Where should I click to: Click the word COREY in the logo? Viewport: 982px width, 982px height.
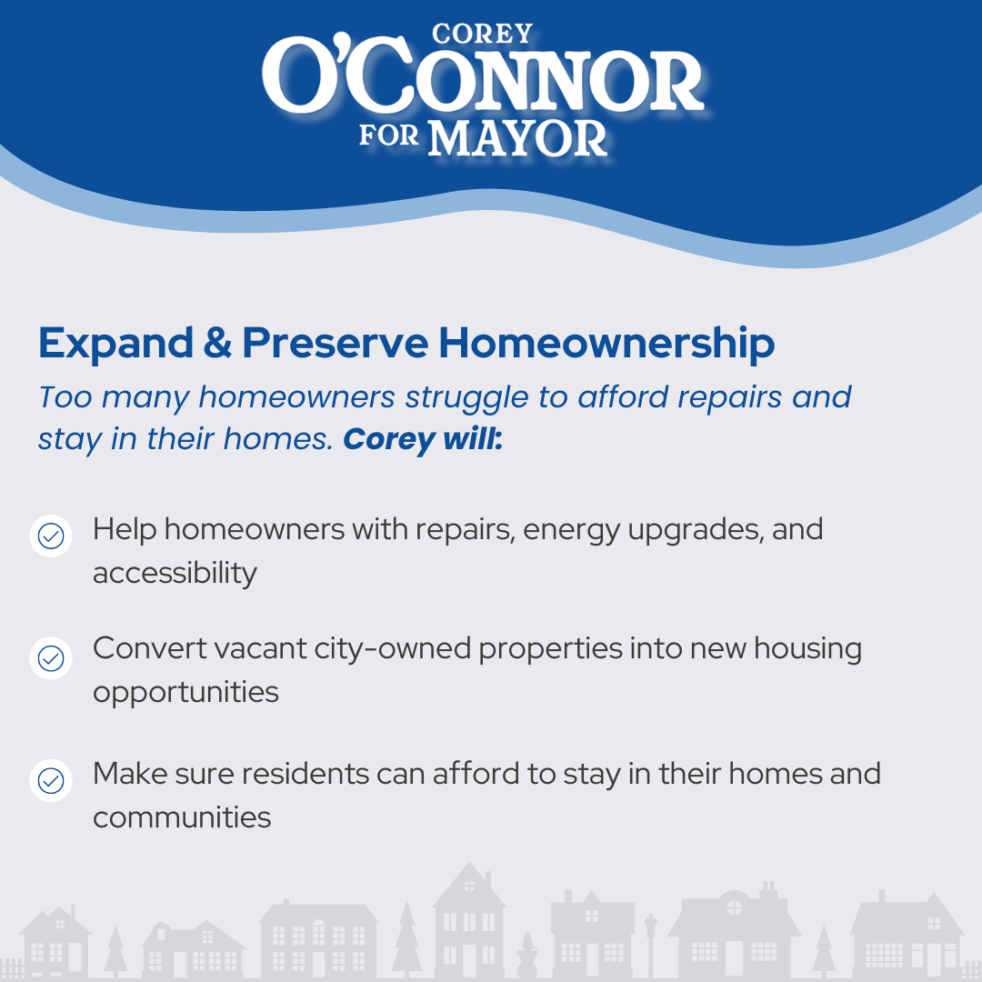(482, 34)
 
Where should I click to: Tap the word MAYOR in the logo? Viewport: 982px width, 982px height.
(518, 138)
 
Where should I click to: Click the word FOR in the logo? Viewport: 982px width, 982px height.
(389, 135)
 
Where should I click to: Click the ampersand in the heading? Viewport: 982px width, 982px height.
(217, 343)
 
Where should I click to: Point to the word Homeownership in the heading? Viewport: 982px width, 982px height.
(606, 343)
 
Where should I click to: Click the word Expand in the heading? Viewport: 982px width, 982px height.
(115, 343)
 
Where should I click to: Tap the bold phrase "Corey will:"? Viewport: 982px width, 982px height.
(423, 439)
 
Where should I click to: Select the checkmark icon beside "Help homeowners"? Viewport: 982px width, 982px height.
(51, 536)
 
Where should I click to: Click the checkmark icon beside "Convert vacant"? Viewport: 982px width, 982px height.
(51, 658)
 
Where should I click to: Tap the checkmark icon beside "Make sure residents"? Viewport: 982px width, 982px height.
(51, 780)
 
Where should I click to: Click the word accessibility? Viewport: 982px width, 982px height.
(175, 574)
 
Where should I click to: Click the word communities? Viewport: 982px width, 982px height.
(182, 817)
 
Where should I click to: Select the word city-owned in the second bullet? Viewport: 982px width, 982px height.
(393, 649)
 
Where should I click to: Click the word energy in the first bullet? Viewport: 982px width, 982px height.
(571, 531)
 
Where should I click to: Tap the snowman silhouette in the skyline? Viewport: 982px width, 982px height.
(526, 955)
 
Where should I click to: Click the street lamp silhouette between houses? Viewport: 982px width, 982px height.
(651, 945)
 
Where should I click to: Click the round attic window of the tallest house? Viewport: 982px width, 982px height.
(469, 887)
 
